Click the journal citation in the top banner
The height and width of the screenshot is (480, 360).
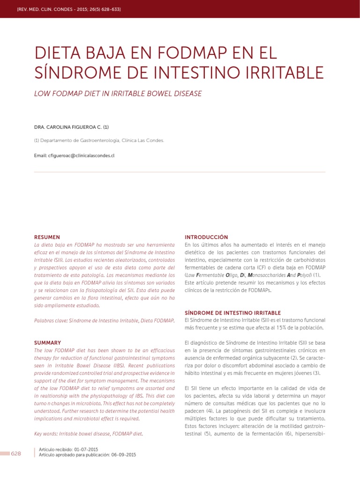click(x=68, y=9)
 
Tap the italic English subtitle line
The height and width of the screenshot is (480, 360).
click(x=118, y=94)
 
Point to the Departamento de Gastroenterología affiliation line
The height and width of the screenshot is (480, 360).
click(x=99, y=140)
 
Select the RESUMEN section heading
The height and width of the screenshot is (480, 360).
click(x=47, y=237)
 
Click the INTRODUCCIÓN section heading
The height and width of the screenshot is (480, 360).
click(x=206, y=237)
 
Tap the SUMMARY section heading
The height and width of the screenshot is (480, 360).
click(x=48, y=343)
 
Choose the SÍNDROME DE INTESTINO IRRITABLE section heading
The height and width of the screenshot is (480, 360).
click(x=233, y=313)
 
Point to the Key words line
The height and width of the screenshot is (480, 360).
click(x=89, y=434)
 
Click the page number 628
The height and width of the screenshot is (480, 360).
click(x=16, y=454)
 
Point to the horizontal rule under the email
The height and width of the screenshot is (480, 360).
click(x=180, y=172)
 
